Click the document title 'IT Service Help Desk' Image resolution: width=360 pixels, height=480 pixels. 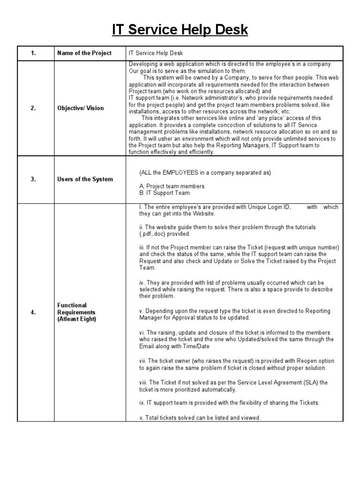[180, 30]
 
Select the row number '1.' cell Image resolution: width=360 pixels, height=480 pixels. [33, 53]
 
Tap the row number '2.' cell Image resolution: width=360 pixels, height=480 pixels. [33, 108]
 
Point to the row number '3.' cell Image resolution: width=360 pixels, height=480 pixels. [33, 179]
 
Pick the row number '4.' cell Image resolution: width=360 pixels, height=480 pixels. [33, 312]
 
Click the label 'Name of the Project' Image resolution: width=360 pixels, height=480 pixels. [84, 53]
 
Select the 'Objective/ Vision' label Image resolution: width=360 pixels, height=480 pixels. [81, 108]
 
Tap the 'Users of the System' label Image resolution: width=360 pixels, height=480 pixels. [85, 179]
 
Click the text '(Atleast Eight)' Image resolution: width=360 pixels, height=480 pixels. [77, 319]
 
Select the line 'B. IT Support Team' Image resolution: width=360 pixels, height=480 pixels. [165, 193]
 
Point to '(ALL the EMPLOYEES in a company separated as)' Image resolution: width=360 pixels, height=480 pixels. [205, 172]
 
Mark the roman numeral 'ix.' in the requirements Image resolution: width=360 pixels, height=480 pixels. [142, 403]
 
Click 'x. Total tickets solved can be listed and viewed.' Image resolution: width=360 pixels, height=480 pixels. [200, 418]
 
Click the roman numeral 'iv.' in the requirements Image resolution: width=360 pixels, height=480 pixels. [142, 283]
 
